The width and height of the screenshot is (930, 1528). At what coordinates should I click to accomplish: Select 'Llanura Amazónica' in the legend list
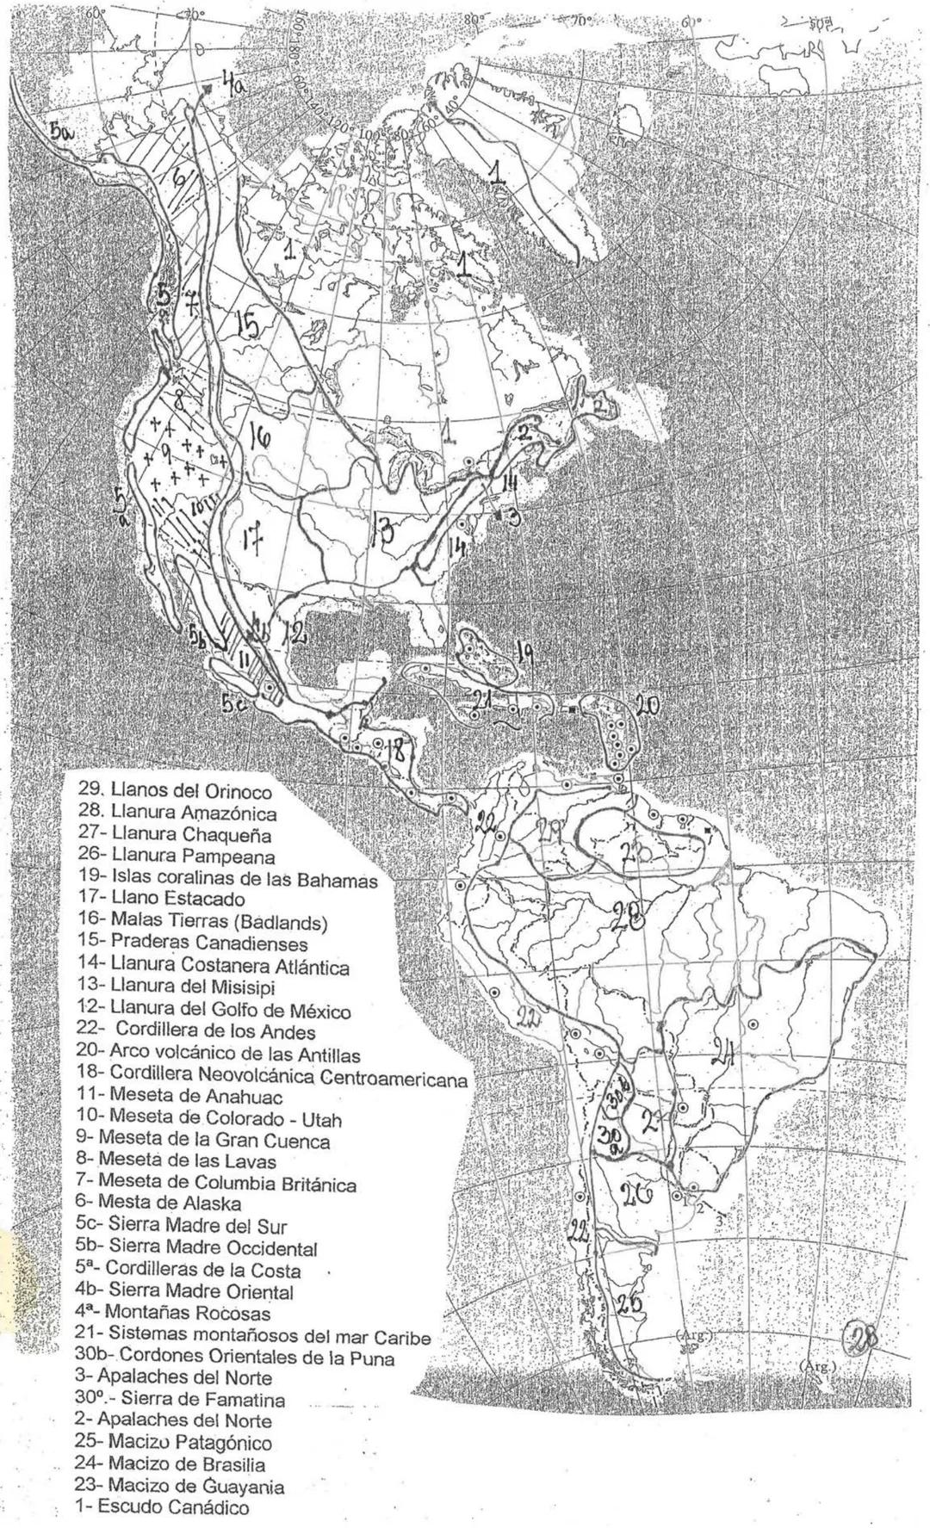pyautogui.click(x=177, y=813)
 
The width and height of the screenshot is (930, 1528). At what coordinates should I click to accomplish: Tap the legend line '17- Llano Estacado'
pyautogui.click(x=160, y=900)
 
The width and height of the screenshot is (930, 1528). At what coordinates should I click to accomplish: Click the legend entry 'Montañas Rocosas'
pyautogui.click(x=172, y=1314)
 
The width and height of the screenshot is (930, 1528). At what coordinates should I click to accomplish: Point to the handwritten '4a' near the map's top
pyautogui.click(x=232, y=84)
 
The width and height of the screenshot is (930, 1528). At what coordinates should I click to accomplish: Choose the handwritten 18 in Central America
pyautogui.click(x=394, y=748)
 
